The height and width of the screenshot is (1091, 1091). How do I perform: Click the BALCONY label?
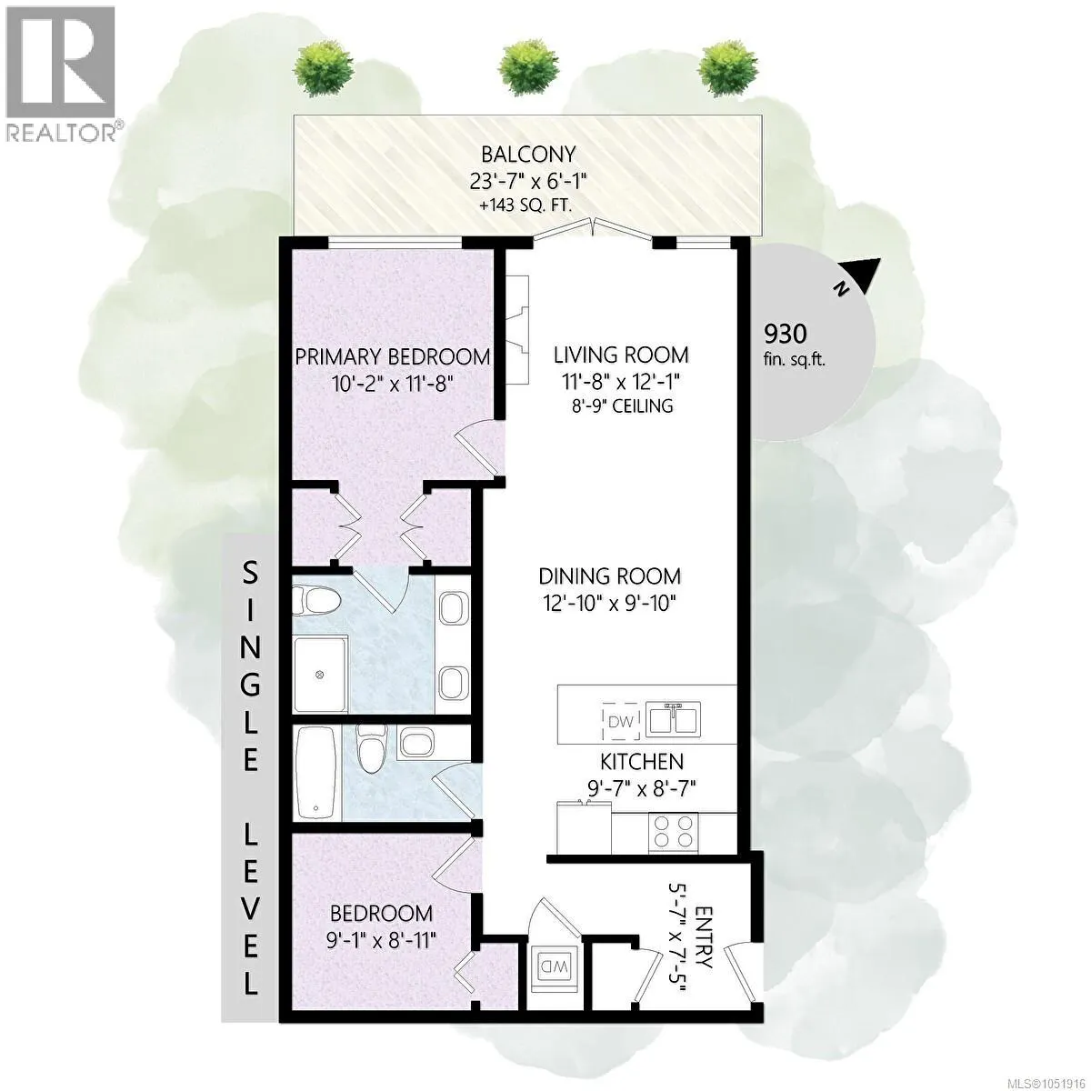(x=527, y=154)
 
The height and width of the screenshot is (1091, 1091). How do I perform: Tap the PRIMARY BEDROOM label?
(x=393, y=357)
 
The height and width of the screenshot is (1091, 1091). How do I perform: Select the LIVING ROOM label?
(x=621, y=355)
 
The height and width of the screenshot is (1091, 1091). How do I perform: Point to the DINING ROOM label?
(x=609, y=576)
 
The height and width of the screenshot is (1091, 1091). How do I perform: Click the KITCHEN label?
(x=642, y=762)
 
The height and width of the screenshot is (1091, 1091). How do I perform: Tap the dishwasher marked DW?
(x=621, y=721)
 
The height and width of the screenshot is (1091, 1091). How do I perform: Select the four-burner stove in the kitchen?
(x=673, y=831)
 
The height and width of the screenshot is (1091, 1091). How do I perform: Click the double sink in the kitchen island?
(x=674, y=720)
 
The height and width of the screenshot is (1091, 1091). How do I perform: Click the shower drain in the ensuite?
(x=319, y=675)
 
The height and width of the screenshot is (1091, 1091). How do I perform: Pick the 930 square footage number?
(x=786, y=334)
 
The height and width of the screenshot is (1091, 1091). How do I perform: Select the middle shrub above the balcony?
(x=528, y=68)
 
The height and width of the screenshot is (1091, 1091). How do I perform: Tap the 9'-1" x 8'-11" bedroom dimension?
(x=381, y=941)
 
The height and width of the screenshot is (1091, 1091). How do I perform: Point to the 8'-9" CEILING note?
(x=622, y=405)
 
